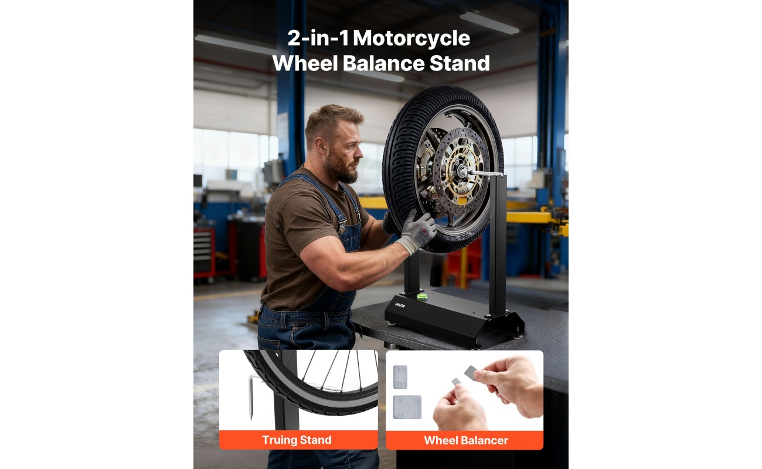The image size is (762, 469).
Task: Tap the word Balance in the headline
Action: click(x=383, y=63)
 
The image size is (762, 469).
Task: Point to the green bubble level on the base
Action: click(x=422, y=296)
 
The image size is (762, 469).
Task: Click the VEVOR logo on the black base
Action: click(x=400, y=305)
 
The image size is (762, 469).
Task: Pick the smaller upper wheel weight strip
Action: click(x=400, y=377)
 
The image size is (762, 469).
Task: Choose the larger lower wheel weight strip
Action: click(x=407, y=407)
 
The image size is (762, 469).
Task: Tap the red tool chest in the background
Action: click(x=204, y=253)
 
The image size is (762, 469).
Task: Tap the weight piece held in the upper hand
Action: click(x=471, y=372)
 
